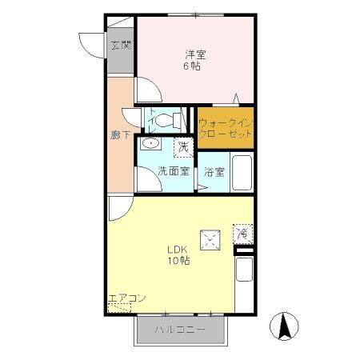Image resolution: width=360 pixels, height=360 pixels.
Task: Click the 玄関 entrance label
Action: point(121,46)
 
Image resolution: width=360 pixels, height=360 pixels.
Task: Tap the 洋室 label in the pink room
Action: point(196,54)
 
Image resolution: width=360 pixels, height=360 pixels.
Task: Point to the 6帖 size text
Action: point(193,66)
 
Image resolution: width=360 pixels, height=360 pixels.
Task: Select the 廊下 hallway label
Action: point(121,135)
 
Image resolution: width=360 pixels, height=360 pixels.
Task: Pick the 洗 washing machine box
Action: point(184,146)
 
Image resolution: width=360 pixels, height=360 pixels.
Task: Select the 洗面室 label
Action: point(173,171)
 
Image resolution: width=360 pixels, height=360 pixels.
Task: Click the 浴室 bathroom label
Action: point(213,171)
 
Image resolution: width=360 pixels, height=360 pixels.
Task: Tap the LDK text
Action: point(178,248)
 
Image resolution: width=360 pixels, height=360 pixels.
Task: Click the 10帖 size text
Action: point(178,261)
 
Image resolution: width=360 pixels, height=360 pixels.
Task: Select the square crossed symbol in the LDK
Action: point(210,237)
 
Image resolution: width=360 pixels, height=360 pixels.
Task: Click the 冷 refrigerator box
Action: point(242,234)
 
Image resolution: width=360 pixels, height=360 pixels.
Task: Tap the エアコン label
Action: point(126,298)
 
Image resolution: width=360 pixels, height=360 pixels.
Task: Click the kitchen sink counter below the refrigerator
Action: point(244,270)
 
